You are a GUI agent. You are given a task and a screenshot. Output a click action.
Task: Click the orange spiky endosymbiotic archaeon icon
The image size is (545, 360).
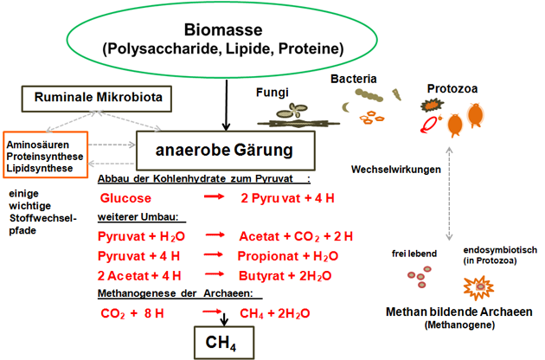coord(478,285)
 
